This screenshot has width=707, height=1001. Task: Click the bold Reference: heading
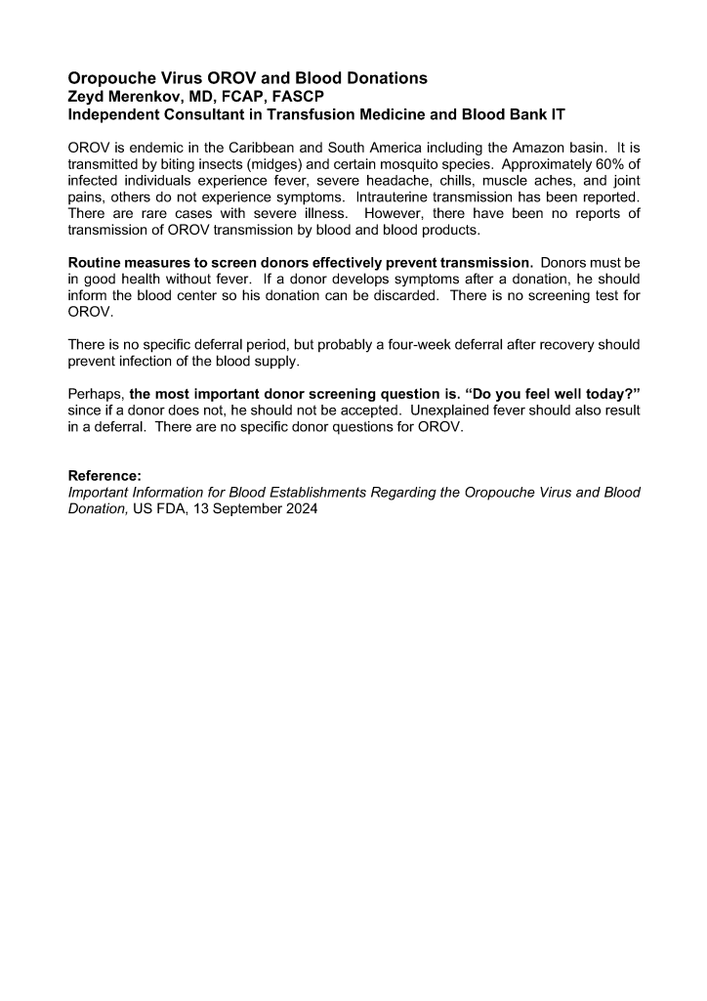(104, 477)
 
